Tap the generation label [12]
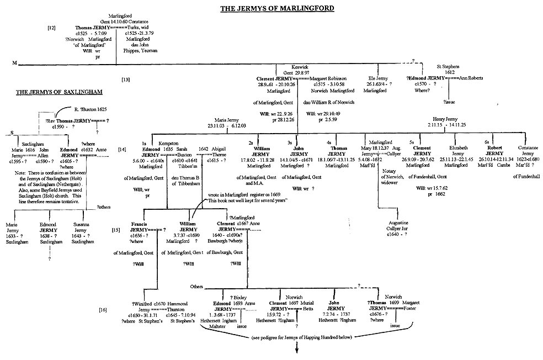(x=51, y=27)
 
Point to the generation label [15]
(x=116, y=229)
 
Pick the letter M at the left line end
(x=14, y=63)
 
